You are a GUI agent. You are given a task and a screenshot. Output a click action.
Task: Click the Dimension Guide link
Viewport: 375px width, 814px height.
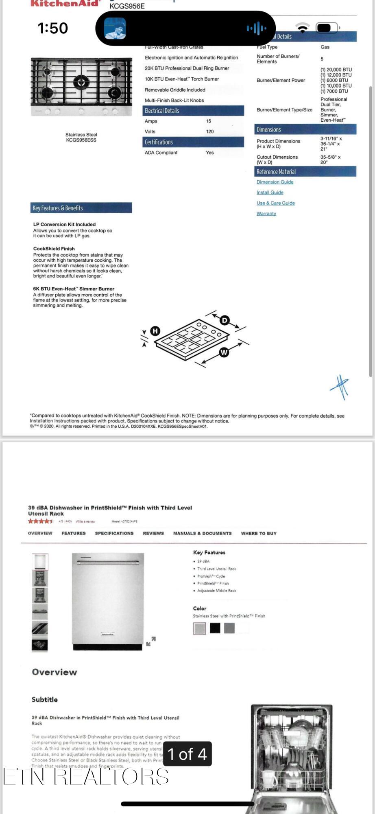point(275,182)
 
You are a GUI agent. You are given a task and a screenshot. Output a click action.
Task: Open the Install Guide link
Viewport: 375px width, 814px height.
point(270,193)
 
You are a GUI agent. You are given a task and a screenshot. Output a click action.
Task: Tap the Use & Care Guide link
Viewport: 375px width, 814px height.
point(275,203)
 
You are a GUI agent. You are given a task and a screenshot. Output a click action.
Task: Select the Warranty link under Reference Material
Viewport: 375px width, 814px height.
point(266,214)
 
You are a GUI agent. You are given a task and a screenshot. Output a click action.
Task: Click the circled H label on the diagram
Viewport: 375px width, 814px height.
point(155,331)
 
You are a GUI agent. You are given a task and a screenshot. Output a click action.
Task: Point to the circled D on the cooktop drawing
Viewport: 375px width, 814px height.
point(224,320)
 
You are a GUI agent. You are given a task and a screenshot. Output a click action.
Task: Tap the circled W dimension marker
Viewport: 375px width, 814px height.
point(224,352)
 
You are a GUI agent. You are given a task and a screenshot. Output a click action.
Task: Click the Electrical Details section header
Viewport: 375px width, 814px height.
point(193,111)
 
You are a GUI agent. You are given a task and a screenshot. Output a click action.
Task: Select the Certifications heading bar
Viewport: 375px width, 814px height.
point(193,142)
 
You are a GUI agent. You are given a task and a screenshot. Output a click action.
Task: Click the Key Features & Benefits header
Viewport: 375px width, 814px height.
point(81,208)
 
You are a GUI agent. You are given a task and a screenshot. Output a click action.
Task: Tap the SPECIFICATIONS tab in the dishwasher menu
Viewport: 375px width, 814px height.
point(114,533)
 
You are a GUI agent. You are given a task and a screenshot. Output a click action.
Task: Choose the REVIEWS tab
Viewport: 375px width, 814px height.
point(153,533)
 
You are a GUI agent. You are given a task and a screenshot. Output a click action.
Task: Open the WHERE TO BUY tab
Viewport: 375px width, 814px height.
point(259,533)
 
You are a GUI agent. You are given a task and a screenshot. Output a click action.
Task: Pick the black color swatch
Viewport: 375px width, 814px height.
point(215,628)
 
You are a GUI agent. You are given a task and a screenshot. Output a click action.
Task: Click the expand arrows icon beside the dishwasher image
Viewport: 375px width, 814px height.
point(151,641)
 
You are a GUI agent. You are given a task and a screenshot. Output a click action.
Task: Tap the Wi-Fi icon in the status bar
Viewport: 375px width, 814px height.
point(302,28)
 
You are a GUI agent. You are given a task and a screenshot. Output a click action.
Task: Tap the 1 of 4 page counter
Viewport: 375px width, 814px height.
point(187,754)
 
